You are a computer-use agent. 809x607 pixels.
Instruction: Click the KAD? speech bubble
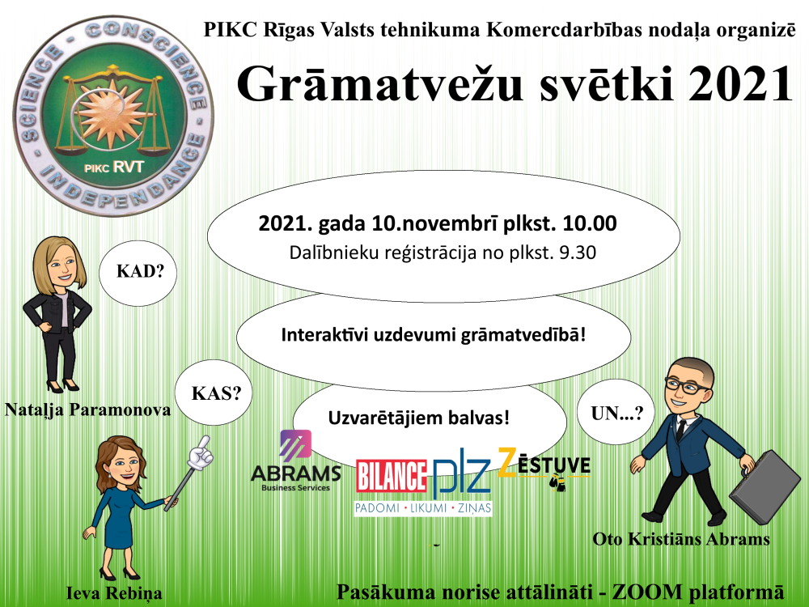[138, 273]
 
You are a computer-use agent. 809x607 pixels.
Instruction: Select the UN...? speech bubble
[616, 413]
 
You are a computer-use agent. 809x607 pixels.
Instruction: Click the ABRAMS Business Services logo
[295, 461]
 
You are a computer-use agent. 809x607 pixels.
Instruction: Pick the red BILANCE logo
[392, 475]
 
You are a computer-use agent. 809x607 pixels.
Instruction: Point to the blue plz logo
[462, 472]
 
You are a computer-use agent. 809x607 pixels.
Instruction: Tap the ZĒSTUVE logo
[544, 467]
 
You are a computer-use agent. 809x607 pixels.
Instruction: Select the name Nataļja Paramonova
[87, 410]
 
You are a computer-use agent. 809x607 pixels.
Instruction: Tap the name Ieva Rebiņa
[114, 593]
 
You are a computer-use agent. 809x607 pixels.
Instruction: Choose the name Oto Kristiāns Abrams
[681, 539]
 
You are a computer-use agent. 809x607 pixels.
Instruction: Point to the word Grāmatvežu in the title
[380, 83]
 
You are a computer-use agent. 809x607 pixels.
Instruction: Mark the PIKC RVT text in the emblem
[114, 168]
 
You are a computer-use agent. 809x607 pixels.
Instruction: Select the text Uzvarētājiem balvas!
[419, 418]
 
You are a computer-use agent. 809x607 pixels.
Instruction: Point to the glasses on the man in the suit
[688, 385]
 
